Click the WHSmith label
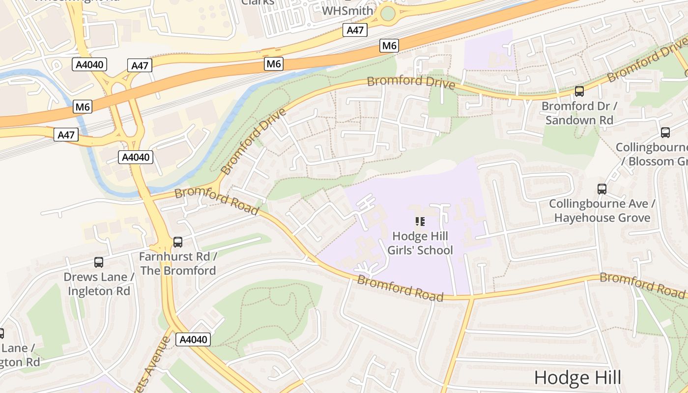point(347,10)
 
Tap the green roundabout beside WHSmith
point(388,13)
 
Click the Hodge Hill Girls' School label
point(420,243)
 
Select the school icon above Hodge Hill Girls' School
point(420,222)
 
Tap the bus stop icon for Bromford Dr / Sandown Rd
point(579,91)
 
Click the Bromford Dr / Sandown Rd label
point(579,113)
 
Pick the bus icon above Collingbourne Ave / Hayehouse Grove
point(602,189)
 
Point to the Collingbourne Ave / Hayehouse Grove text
point(602,211)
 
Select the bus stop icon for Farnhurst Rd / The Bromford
point(178,242)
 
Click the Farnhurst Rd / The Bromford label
point(178,264)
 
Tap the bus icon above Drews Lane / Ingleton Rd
point(99,262)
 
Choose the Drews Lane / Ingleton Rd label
point(99,284)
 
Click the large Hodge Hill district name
point(577,378)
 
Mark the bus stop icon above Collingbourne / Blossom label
point(665,132)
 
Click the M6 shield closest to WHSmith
point(389,46)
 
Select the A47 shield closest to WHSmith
point(355,30)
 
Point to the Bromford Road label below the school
point(400,288)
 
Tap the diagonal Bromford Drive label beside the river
point(254,142)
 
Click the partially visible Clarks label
point(258,2)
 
